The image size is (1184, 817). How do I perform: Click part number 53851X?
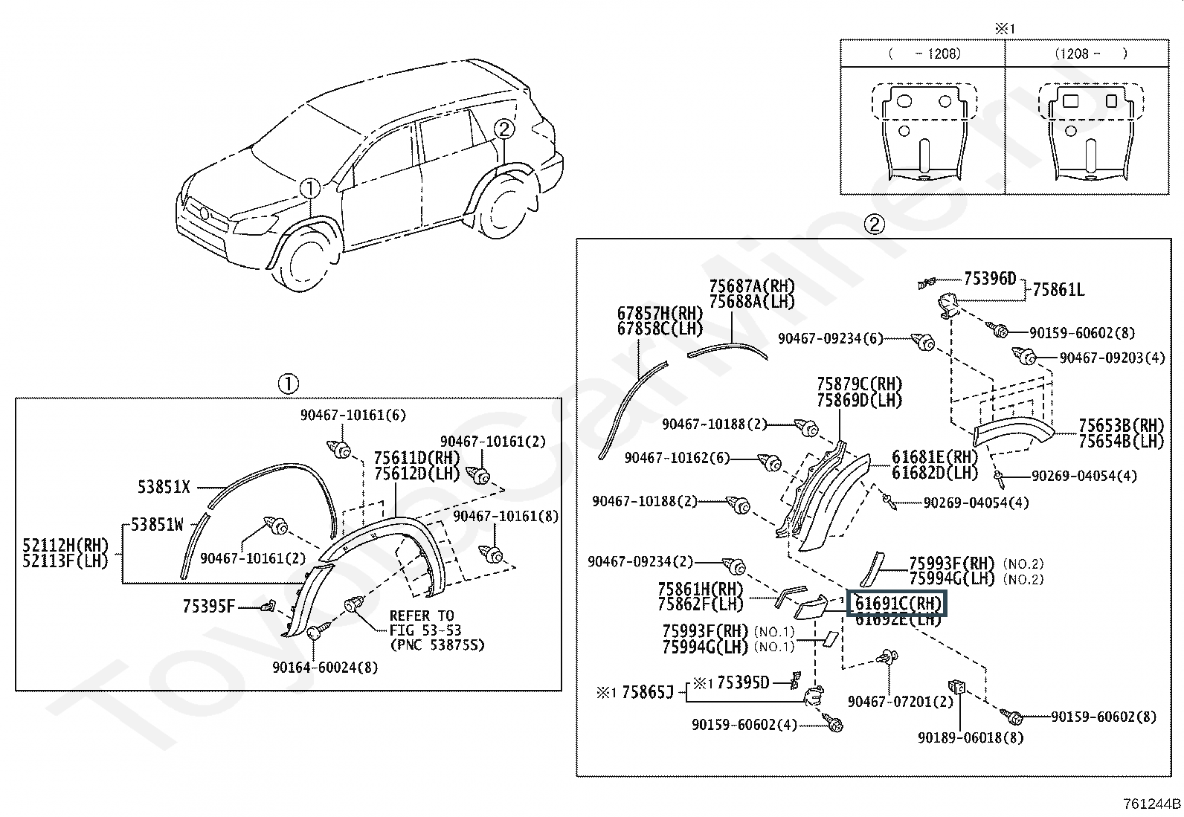[x=164, y=487]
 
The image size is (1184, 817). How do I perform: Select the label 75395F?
[x=208, y=606]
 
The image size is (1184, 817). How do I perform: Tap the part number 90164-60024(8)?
[x=325, y=668]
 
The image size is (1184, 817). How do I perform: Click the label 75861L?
[x=1058, y=290]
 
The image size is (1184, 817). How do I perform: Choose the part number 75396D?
[x=990, y=279]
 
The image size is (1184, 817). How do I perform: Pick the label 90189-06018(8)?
[x=970, y=737]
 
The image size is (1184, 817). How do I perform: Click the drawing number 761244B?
[x=1151, y=804]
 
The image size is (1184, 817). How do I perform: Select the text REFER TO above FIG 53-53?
[x=422, y=616]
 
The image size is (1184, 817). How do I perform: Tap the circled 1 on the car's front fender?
[x=310, y=188]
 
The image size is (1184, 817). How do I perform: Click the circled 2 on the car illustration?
[x=503, y=129]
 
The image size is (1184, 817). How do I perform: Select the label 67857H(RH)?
[x=660, y=314]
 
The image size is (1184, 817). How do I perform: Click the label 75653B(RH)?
[x=1121, y=425]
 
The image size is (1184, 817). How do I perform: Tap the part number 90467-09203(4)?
[x=1112, y=358]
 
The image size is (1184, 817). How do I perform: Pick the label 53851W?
[x=157, y=525]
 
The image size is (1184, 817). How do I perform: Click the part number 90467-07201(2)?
[x=900, y=701]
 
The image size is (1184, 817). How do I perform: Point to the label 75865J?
[x=648, y=692]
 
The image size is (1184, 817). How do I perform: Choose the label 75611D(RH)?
[x=417, y=458]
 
